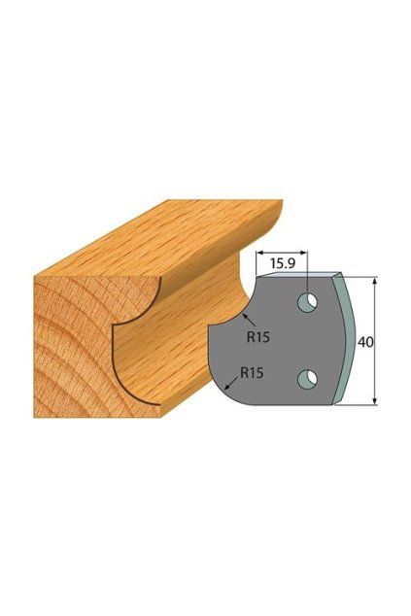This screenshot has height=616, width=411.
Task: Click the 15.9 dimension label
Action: click(283, 263)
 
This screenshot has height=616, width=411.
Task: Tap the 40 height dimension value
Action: click(365, 341)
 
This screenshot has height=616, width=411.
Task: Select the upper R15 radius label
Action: click(258, 337)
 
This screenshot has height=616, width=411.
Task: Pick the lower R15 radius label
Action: click(252, 372)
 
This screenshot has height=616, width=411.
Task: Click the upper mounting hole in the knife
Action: click(308, 302)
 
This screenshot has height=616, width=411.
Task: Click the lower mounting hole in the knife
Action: click(308, 378)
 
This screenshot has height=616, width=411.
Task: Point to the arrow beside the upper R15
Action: click(250, 321)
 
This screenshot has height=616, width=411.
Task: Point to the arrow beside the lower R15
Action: click(230, 384)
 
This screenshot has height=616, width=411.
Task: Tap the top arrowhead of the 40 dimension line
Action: click(375, 281)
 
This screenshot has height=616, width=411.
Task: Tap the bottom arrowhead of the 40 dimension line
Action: click(375, 400)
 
